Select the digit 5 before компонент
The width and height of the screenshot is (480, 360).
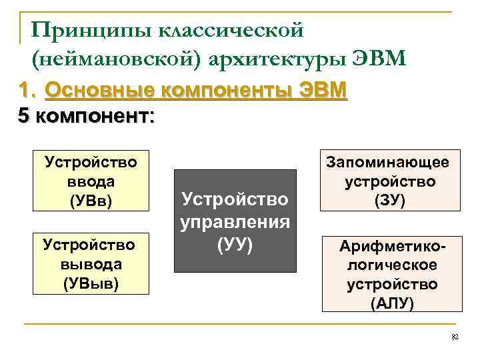tap(23, 116)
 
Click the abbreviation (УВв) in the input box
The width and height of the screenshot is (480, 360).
tap(90, 199)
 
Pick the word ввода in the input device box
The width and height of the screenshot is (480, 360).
tap(91, 181)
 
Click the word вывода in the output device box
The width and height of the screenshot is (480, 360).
tap(91, 264)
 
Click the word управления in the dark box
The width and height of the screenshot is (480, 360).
tap(235, 222)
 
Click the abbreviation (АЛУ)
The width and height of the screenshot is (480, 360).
tap(392, 303)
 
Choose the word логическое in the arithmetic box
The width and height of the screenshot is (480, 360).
tap(392, 265)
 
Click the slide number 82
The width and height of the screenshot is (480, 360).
tap(456, 338)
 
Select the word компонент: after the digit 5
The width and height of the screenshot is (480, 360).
tap(95, 116)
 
